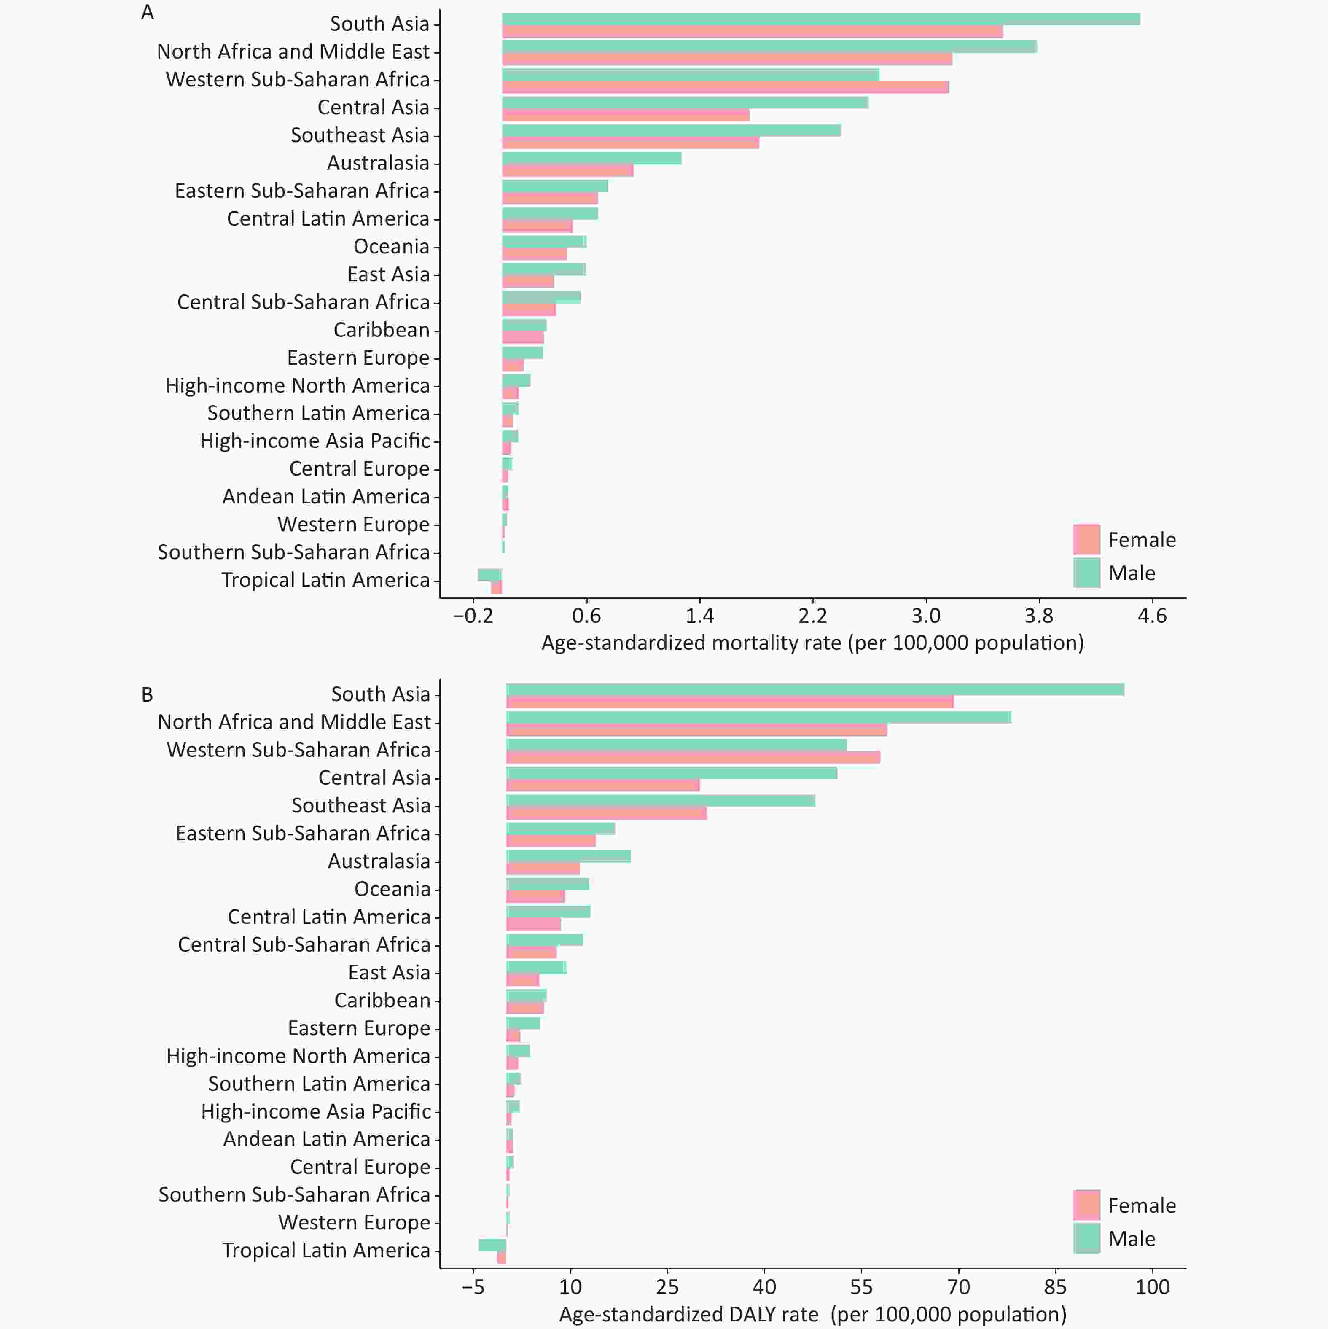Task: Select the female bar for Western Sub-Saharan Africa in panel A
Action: point(726,87)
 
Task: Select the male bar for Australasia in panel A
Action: point(591,158)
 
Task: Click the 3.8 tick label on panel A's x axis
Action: point(1038,615)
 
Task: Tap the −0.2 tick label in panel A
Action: point(473,615)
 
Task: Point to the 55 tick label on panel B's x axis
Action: point(861,1286)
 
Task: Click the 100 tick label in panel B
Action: point(1153,1286)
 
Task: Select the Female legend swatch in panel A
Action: point(1086,539)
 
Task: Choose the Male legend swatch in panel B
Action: point(1086,1238)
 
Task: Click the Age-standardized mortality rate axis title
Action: point(812,643)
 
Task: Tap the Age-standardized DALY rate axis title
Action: point(812,1315)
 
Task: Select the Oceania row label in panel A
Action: point(391,246)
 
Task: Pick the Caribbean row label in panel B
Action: point(382,1000)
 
